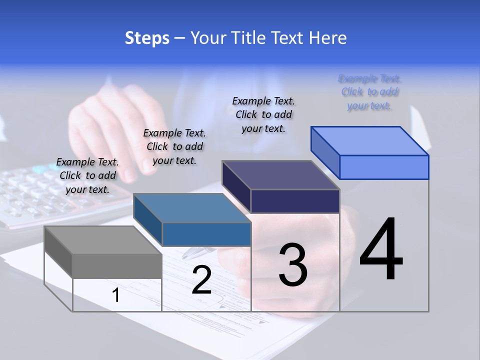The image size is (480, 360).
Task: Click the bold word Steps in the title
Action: [x=146, y=38]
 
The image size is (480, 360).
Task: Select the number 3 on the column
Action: [x=293, y=264]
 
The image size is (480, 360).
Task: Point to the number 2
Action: [x=201, y=280]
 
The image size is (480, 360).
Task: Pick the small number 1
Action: [x=116, y=295]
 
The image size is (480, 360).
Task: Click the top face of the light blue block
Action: [x=369, y=141]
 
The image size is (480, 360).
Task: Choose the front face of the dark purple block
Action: [x=295, y=201]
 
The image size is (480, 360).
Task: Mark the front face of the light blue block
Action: [x=384, y=167]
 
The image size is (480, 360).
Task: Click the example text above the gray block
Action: [x=87, y=175]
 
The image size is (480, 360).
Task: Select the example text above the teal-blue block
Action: [x=174, y=146]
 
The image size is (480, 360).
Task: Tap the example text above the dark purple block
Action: [x=263, y=114]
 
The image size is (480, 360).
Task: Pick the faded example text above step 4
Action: [x=369, y=92]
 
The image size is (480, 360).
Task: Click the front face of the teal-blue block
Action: [x=206, y=234]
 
